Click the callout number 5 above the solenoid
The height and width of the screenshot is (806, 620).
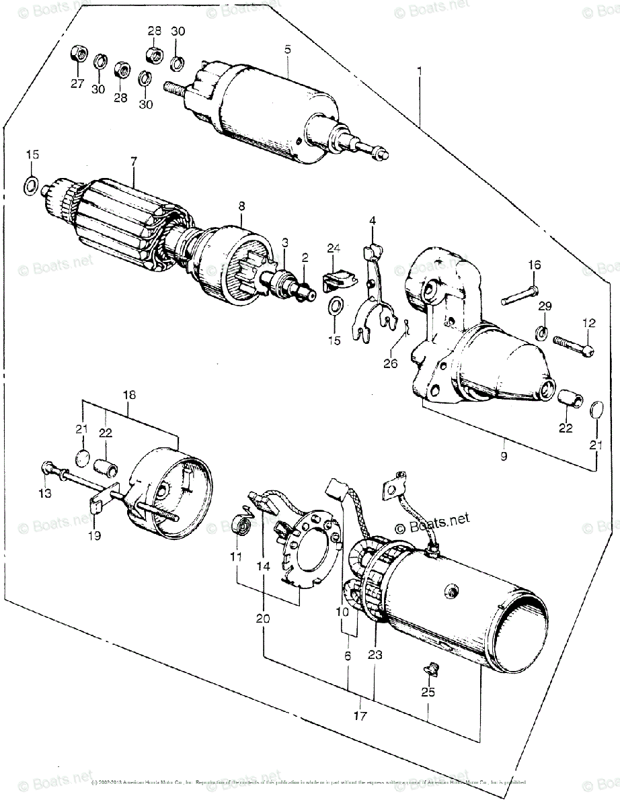click(287, 49)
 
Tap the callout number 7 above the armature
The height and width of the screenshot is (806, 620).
click(134, 161)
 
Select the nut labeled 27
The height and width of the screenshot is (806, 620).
click(76, 55)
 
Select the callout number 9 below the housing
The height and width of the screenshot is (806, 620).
click(504, 457)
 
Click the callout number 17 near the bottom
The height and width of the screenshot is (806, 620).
click(360, 717)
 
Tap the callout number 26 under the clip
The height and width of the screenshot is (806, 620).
click(390, 363)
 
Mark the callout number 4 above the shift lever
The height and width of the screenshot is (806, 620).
click(372, 220)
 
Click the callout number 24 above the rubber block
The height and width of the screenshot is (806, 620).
click(334, 249)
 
